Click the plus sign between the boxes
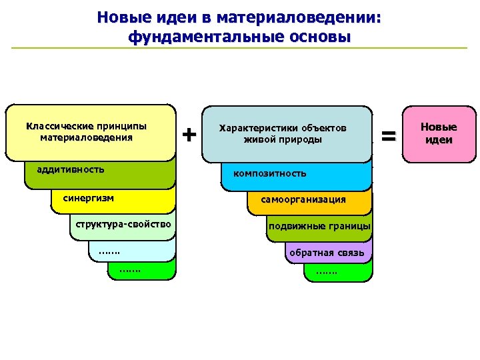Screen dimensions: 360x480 tap(189, 135)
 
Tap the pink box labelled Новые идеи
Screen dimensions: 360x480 tap(439, 133)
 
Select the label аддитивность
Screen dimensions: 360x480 tap(71, 169)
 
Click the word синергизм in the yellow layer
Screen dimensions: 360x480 tap(89, 198)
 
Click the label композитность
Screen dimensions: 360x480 tap(269, 173)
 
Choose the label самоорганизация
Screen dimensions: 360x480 tap(303, 199)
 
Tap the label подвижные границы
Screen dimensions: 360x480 tap(319, 226)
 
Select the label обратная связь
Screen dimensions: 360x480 tap(326, 253)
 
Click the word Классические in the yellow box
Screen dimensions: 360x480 tap(53, 125)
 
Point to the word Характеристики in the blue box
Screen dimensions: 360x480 tap(259, 127)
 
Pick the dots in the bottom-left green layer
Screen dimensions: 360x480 tap(130, 271)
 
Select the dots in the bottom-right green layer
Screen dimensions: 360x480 tap(327, 272)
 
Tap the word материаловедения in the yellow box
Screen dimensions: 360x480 tap(86, 137)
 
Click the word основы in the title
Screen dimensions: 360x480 tap(319, 36)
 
